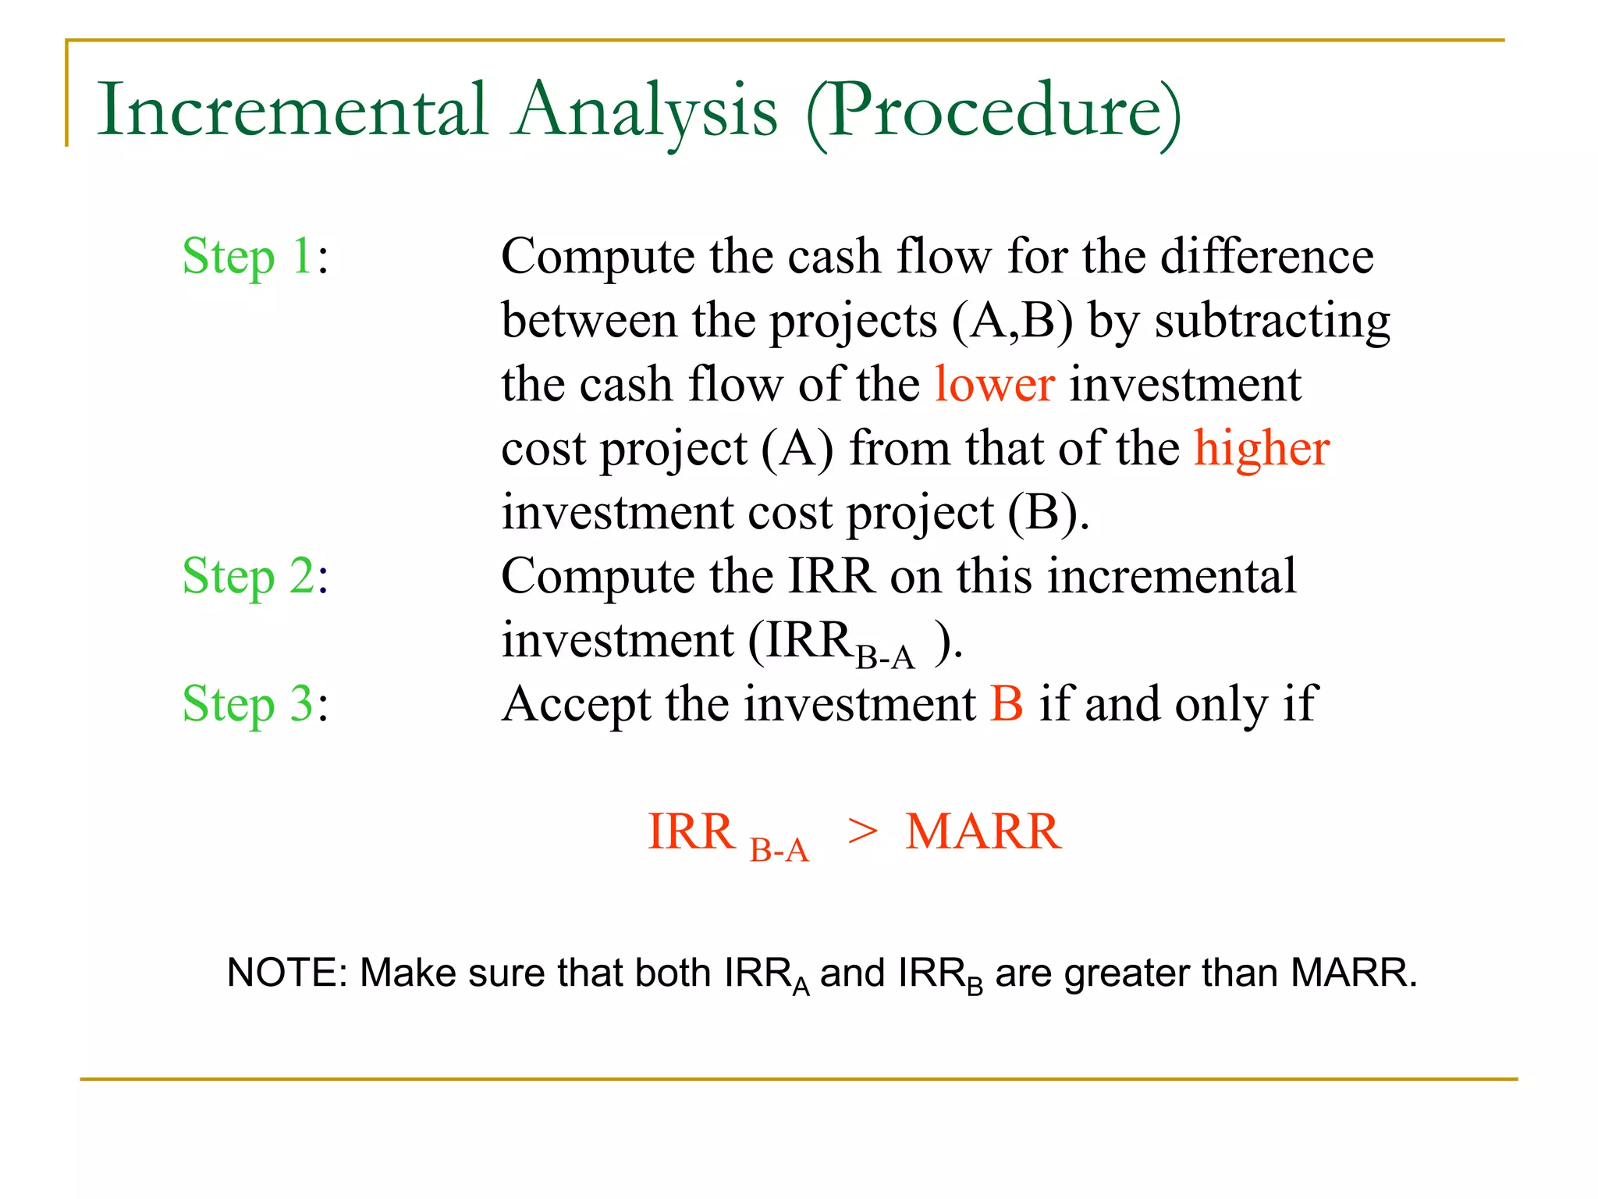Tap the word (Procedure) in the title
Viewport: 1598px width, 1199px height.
coord(993,112)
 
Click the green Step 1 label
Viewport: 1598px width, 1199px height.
coord(247,257)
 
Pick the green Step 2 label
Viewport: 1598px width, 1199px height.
coord(247,577)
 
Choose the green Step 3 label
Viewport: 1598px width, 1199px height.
coord(247,705)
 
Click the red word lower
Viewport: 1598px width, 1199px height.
coord(995,385)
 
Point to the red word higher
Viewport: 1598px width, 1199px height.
coord(1262,449)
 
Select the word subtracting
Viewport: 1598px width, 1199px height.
coord(1272,321)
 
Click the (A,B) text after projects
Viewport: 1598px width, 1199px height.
coord(1013,321)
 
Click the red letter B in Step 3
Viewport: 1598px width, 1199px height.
coord(1007,705)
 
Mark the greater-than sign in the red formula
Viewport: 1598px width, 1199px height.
coord(863,832)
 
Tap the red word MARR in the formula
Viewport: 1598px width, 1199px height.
coord(983,832)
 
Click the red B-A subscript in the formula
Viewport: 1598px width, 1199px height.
coord(779,850)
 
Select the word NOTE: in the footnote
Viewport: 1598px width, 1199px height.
coord(286,973)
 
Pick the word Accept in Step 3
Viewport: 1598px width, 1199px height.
coord(576,705)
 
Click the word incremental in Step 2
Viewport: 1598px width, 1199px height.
coord(1172,577)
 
